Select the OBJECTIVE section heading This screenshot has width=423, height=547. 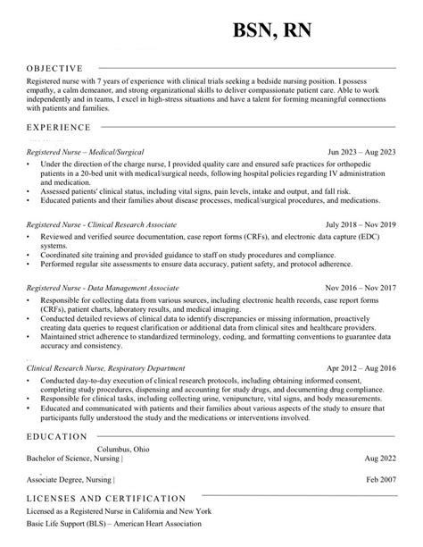tap(54, 68)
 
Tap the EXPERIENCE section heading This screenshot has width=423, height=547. tap(58, 129)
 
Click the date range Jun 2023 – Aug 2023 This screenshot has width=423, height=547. tap(361, 153)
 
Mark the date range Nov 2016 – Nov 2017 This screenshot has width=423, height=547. tap(359, 289)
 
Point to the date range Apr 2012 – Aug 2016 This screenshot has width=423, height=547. tap(360, 367)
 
